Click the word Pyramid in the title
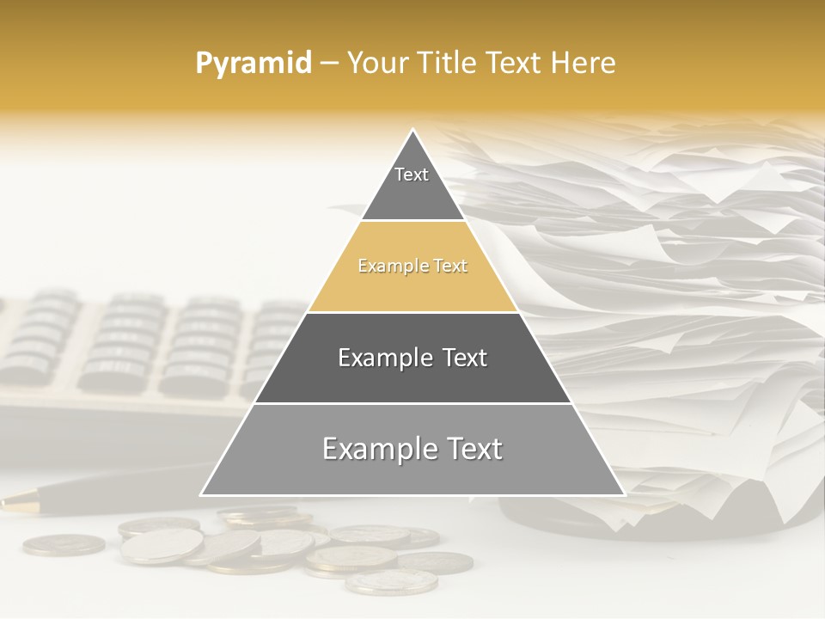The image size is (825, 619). click(254, 63)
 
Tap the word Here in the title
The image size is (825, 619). click(584, 63)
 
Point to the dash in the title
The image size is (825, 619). click(328, 64)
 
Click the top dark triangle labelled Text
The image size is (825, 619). click(412, 185)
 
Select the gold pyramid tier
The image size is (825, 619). click(412, 267)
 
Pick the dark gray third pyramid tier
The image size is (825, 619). click(412, 358)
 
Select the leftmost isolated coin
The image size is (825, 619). click(64, 544)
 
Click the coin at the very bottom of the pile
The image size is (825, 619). click(391, 582)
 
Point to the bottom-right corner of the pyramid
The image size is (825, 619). click(624, 494)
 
